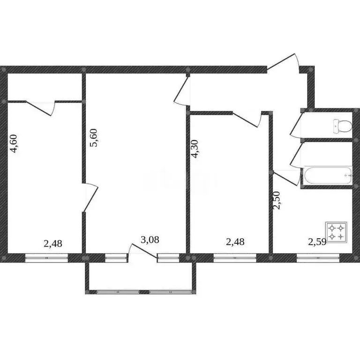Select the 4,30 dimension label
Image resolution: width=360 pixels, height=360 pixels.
point(195,150)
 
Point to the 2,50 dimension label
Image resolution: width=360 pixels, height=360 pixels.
point(277,200)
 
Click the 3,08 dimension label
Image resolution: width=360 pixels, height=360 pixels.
point(150,240)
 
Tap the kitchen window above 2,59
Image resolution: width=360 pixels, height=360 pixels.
point(318,257)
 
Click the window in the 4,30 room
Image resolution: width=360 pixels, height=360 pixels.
point(235,257)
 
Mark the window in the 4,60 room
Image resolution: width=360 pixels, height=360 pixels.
point(46,257)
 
